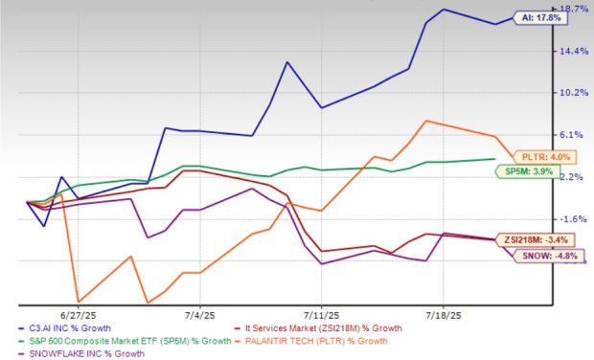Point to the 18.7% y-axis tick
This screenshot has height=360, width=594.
pos(575,9)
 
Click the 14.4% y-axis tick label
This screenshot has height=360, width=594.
pos(575,51)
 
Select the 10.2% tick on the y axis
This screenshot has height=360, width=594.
pos(575,93)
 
